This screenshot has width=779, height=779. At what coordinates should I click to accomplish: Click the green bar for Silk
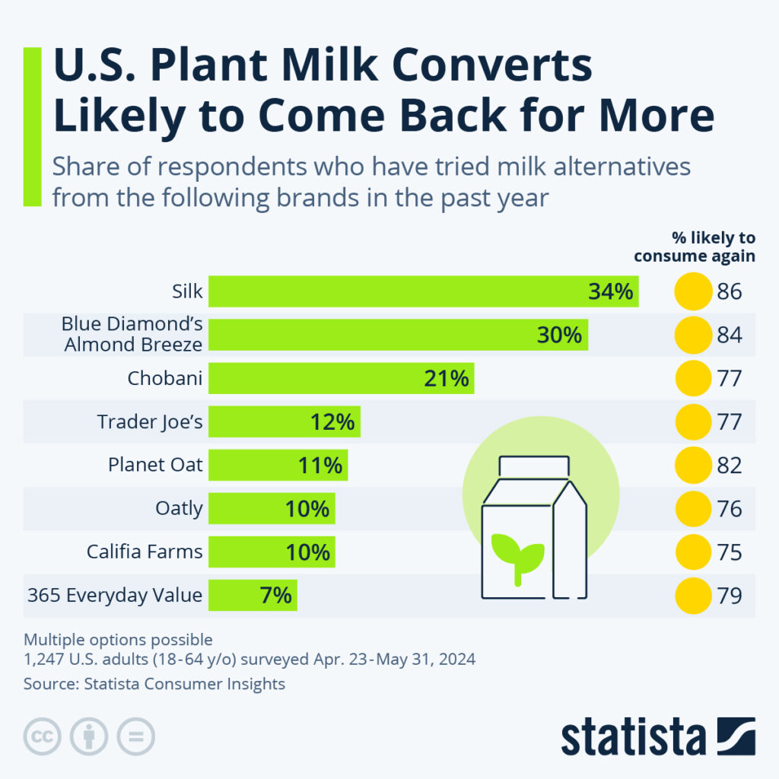point(423,292)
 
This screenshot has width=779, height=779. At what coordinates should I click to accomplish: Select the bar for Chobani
point(341,378)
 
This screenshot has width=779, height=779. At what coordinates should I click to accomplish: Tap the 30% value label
point(559,335)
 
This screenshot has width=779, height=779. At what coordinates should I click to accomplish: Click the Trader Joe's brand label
point(150,421)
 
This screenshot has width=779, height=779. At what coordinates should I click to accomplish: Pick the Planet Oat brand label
point(155,465)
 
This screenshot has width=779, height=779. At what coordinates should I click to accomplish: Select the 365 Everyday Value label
point(115,596)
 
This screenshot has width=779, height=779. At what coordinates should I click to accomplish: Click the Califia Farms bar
point(272,552)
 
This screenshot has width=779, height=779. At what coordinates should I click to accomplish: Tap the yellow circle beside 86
point(692,292)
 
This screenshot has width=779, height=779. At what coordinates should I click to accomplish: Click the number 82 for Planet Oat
point(729,465)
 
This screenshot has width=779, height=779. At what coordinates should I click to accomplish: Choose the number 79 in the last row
point(729,596)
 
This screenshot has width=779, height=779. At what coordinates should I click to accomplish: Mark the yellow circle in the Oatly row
point(692,508)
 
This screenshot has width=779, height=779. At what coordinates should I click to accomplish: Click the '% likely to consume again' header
point(695,247)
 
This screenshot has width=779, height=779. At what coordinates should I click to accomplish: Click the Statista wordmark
point(634,736)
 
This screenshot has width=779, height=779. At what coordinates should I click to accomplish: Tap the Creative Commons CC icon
point(43,736)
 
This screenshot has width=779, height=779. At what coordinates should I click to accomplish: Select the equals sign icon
point(135,736)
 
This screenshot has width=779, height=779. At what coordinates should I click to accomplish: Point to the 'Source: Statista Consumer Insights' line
point(154,684)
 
